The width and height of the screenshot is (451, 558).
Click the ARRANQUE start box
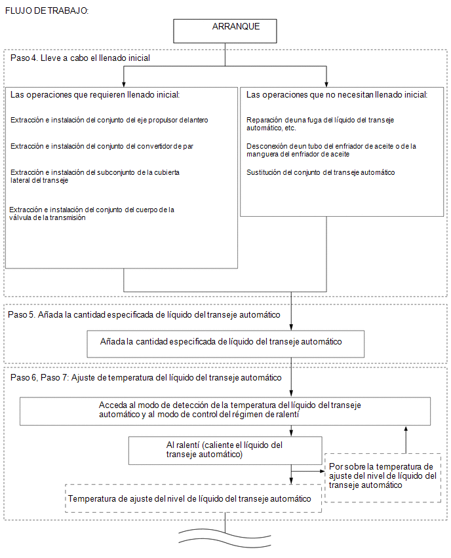225,31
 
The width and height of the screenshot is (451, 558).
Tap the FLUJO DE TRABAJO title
47,10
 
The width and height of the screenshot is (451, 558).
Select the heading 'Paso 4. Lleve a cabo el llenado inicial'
80,58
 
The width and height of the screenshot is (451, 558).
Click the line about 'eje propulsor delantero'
109,121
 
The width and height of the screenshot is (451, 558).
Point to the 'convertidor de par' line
102,146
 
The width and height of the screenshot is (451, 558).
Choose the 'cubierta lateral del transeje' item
95,176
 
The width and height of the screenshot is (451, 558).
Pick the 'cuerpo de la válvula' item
92,214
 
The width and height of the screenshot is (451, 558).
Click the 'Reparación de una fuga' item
320,124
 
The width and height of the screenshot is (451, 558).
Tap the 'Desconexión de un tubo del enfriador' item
331,150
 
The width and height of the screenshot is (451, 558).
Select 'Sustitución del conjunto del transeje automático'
321,173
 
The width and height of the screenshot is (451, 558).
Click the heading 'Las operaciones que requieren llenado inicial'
95,95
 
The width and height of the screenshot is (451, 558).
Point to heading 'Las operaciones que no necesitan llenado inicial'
337,95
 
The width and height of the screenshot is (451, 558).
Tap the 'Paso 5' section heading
144,314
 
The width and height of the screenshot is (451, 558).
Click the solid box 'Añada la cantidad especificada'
226,344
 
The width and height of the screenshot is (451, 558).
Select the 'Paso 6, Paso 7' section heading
146,378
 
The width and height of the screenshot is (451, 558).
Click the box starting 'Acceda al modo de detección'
225,411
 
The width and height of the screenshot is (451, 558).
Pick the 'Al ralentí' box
225,451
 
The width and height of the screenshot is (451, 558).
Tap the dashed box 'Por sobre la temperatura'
383,478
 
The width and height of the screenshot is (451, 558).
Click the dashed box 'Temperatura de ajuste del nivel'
193,498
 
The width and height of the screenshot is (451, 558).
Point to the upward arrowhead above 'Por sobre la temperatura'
406,429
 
